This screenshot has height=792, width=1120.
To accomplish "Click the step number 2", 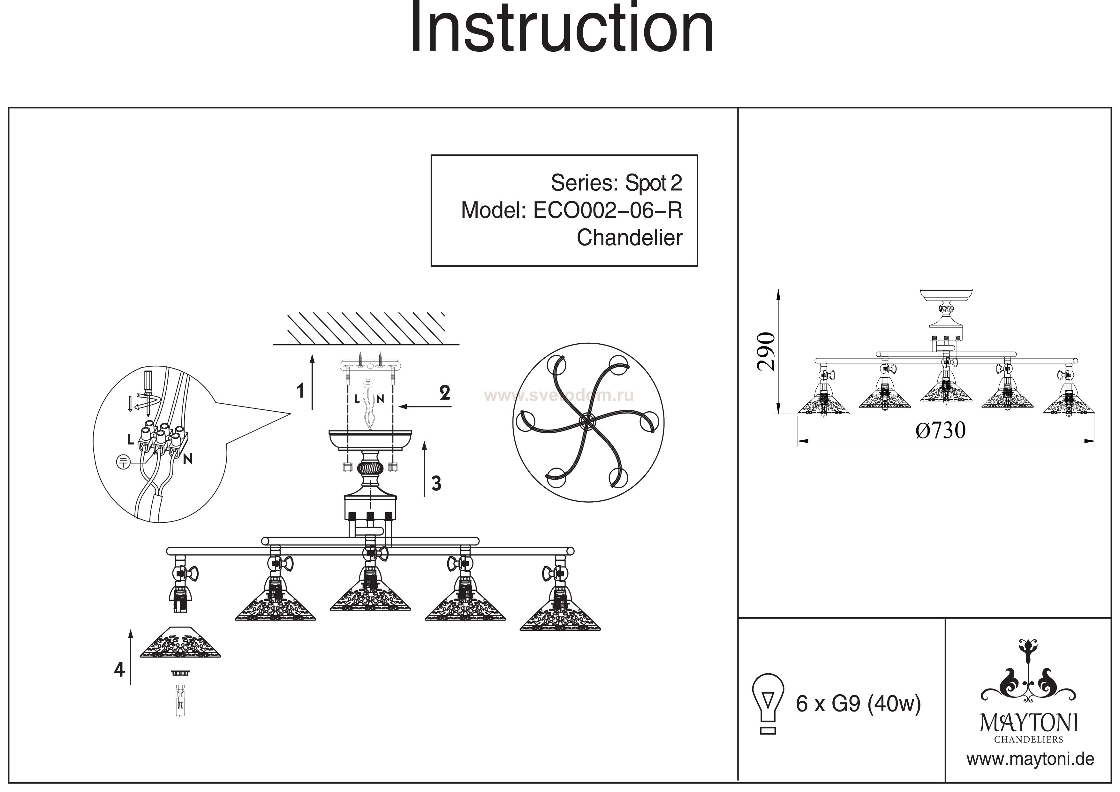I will coord(444,393).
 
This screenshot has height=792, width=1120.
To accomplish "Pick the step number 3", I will coord(436,483).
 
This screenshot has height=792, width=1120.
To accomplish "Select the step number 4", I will coord(119,670).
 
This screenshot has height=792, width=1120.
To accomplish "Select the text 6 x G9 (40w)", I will coord(858,704).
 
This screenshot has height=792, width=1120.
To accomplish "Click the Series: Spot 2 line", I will coord(616,183).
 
